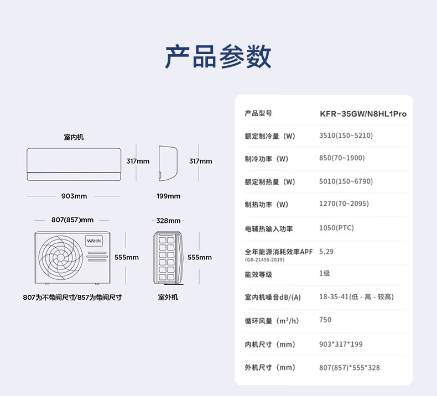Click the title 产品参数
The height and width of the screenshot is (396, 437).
(x=218, y=56)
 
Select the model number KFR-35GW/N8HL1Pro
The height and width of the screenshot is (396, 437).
(x=363, y=114)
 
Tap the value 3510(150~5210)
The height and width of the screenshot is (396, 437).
(x=346, y=136)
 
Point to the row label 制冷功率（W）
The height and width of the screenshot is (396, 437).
(x=267, y=159)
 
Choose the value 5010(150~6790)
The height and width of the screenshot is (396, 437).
(x=346, y=181)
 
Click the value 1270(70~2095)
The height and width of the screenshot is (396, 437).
(x=344, y=204)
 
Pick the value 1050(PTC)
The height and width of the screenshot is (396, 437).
(x=336, y=228)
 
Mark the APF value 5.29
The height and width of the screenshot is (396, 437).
(x=326, y=252)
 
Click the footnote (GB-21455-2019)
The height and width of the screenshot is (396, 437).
(x=264, y=259)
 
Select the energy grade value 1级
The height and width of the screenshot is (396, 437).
(x=325, y=274)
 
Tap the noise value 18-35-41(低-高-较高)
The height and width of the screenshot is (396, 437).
(x=356, y=297)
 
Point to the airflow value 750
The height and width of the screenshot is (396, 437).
(x=325, y=320)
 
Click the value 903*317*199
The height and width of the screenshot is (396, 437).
(x=341, y=344)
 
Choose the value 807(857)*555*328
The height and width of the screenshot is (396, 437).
(x=350, y=368)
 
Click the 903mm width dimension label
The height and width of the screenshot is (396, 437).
(x=74, y=196)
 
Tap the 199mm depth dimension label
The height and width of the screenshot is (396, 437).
(x=168, y=196)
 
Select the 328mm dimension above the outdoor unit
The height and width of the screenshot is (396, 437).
(x=168, y=221)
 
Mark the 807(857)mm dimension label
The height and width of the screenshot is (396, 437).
(x=72, y=220)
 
